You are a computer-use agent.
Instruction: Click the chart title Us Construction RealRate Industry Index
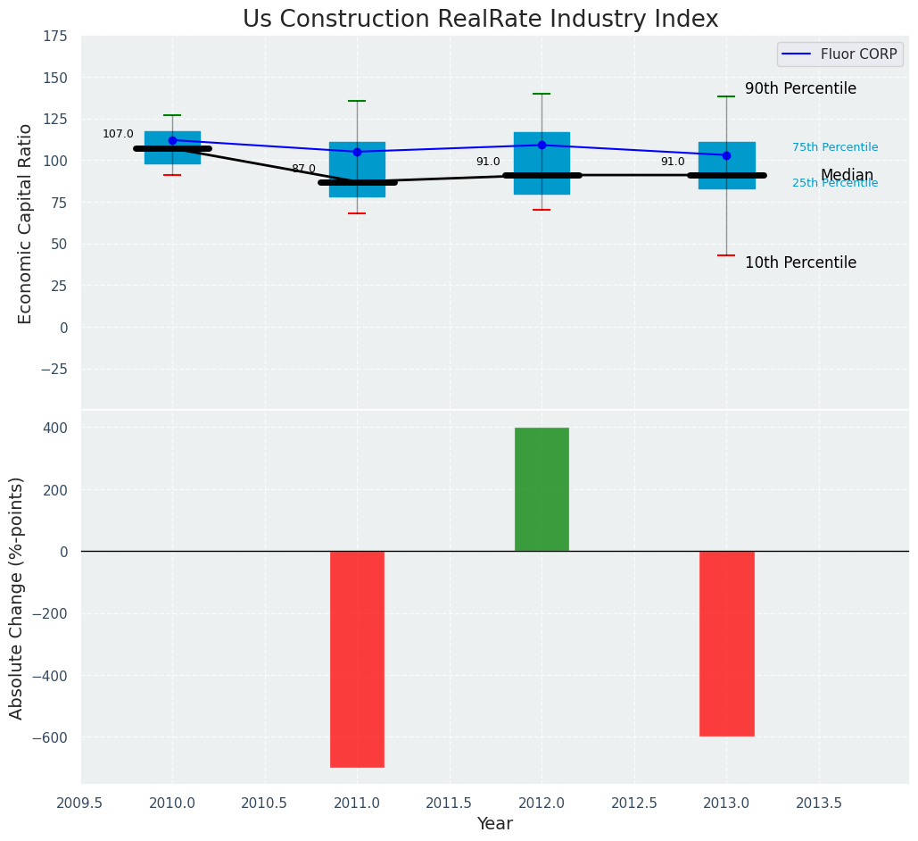click(480, 20)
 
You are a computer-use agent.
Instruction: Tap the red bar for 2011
click(357, 659)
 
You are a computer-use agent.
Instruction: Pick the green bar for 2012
click(542, 489)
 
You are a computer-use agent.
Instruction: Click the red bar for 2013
click(726, 643)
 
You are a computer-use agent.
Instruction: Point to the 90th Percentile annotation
click(800, 89)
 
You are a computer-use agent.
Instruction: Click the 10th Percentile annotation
click(800, 263)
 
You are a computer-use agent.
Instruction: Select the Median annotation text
click(847, 176)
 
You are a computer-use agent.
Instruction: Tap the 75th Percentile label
click(835, 147)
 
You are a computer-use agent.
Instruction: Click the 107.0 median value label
click(118, 135)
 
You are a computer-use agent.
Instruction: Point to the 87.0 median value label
click(303, 169)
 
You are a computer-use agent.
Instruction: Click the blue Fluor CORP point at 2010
click(172, 140)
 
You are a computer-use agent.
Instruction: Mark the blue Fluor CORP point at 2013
click(726, 155)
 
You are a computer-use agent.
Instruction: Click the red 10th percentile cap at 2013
click(726, 255)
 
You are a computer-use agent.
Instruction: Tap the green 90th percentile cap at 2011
click(357, 101)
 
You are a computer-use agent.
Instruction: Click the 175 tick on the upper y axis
click(54, 36)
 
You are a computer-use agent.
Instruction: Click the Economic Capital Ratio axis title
click(25, 223)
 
